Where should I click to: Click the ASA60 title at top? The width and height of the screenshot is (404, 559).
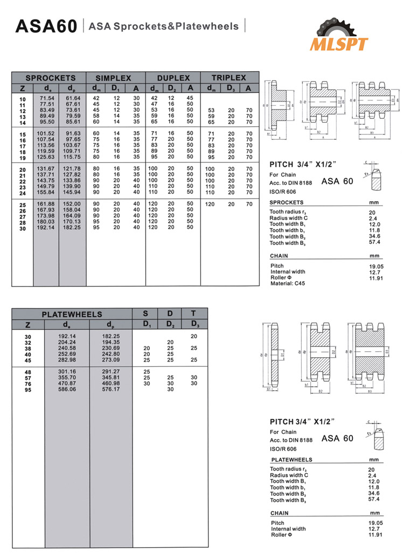[46, 26]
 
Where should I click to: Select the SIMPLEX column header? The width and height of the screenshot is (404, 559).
[113, 78]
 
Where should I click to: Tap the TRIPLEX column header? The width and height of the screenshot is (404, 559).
[228, 78]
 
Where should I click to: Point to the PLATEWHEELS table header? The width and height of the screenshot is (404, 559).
[72, 314]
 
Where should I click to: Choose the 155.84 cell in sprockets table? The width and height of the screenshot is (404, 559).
[46, 192]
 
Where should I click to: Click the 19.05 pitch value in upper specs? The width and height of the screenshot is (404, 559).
[375, 265]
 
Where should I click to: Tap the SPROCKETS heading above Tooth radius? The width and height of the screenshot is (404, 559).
[287, 202]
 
